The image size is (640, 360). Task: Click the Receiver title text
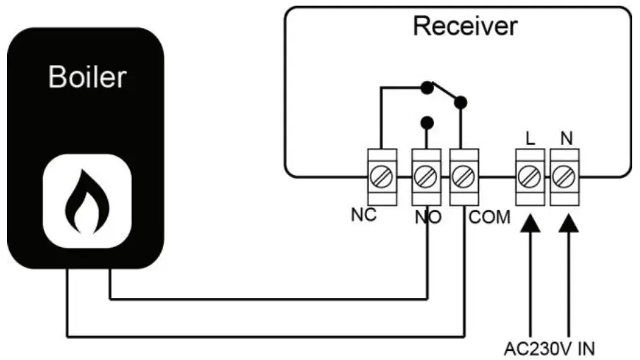465,26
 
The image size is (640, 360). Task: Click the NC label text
364,215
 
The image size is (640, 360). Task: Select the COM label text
489,217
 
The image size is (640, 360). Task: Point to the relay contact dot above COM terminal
461,103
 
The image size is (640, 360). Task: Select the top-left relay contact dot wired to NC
425,88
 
